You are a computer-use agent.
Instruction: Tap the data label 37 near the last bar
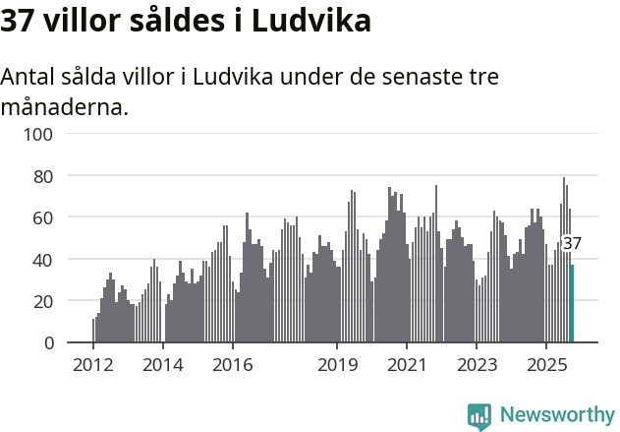pos(572,243)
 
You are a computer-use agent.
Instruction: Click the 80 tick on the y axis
pos(42,176)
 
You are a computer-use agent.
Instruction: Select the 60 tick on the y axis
pos(42,217)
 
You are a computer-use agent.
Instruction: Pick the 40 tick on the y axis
pos(42,260)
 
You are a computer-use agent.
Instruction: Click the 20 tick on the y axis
pos(42,301)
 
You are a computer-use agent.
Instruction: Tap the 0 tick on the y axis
pos(47,343)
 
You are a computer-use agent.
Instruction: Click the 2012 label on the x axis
pos(93,365)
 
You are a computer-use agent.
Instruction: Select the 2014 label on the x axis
pos(163,365)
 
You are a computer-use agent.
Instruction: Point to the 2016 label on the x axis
pos(232,365)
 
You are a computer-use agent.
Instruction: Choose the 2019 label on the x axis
pos(337,365)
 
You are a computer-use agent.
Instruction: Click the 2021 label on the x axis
pos(407,365)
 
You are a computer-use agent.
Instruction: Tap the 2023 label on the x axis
pos(477,365)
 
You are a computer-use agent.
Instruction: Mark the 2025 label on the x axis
pos(545,365)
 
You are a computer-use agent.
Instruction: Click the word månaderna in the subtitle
pos(65,106)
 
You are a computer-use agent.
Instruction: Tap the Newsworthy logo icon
pos(479,416)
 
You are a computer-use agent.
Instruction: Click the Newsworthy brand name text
pos(557,415)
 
